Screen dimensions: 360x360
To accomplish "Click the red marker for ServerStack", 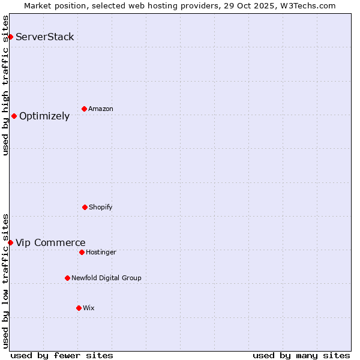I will (x=10, y=37).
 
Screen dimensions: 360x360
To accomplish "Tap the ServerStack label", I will (x=45, y=37).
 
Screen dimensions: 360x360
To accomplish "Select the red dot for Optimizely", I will (x=14, y=116).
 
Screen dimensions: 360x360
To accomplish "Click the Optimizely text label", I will (x=44, y=116).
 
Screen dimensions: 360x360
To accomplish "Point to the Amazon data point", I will (x=84, y=109).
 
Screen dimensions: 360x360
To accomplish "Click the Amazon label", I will (x=101, y=109).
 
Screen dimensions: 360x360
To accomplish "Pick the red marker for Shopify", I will (x=85, y=208).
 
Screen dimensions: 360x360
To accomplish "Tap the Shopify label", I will (x=101, y=208).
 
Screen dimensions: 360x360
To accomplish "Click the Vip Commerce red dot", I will (x=10, y=242).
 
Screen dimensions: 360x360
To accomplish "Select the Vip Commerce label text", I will (x=50, y=243).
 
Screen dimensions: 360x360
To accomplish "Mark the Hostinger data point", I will (x=82, y=253).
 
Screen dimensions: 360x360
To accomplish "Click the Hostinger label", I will (x=101, y=253).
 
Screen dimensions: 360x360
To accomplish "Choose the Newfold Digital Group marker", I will (x=67, y=278).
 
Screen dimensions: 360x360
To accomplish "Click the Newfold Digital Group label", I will (x=106, y=278).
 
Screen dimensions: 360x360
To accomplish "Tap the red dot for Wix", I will (x=79, y=308).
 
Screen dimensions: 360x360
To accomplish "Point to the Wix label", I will (x=89, y=308).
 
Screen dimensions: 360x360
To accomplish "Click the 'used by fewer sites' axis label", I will (x=62, y=355).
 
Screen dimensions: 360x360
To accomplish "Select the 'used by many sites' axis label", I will (x=301, y=355).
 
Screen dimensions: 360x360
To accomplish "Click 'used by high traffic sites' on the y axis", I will (x=6, y=85).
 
